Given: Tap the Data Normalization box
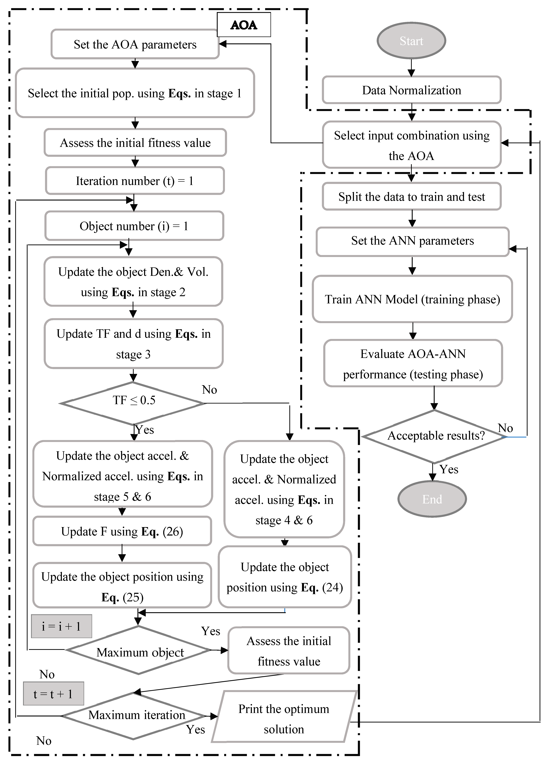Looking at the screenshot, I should click(411, 90).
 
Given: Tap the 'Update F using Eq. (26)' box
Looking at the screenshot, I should click(122, 531).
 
